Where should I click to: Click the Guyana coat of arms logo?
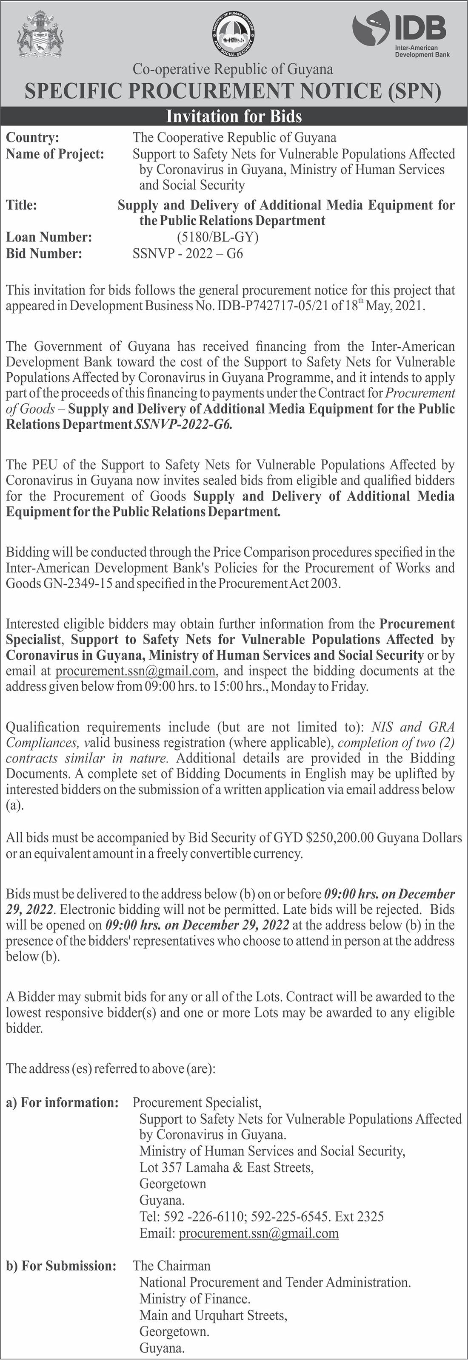click(40, 34)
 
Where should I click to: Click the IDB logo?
click(400, 35)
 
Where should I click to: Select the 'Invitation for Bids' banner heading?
click(234, 116)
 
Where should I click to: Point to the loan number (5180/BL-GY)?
click(218, 238)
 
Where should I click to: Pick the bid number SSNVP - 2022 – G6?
click(188, 254)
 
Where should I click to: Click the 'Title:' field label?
click(22, 205)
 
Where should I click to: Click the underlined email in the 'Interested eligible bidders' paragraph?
click(136, 671)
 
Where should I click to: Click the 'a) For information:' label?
click(63, 1102)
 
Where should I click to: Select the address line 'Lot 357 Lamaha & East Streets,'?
click(226, 1167)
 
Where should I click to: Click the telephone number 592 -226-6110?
click(204, 1216)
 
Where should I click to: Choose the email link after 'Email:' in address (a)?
click(259, 1233)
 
